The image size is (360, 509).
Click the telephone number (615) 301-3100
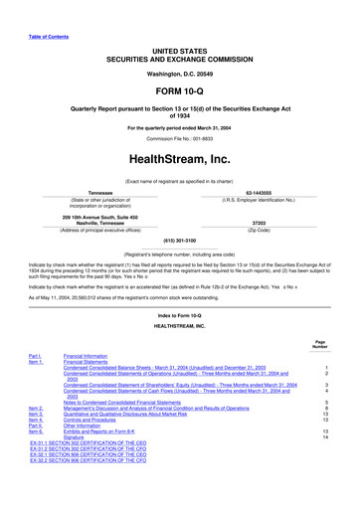click(179, 241)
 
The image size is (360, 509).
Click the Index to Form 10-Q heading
click(179, 315)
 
